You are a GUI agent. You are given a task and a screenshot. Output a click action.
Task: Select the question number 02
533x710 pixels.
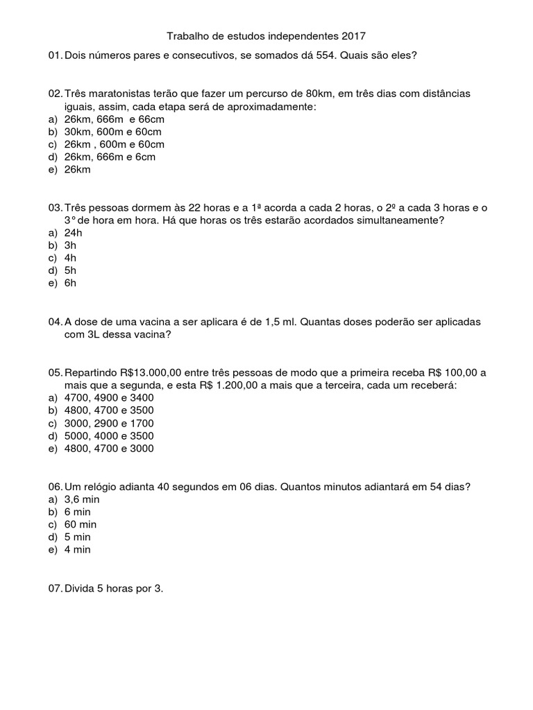click(x=55, y=94)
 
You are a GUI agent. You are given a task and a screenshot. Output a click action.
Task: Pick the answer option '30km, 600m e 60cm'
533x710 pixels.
click(x=114, y=132)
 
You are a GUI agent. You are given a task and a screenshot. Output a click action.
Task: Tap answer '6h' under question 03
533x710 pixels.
click(x=70, y=283)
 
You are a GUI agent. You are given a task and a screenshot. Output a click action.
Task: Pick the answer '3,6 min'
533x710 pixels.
click(x=82, y=499)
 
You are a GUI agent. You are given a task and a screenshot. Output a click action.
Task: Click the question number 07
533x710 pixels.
click(x=55, y=589)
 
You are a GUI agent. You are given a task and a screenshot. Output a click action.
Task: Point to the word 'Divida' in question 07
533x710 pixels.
click(x=81, y=589)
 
